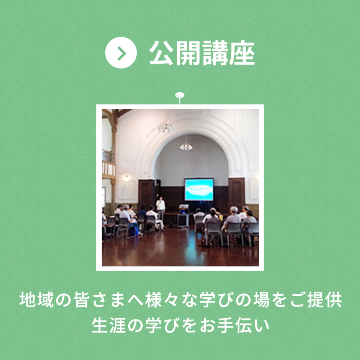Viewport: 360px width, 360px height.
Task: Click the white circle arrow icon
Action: (x=121, y=53)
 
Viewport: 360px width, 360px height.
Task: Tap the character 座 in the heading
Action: (x=242, y=53)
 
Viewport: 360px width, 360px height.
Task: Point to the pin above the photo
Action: (x=180, y=96)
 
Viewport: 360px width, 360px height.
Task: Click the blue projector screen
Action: (x=199, y=189)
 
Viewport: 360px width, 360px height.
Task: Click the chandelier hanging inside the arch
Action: (x=186, y=146)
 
